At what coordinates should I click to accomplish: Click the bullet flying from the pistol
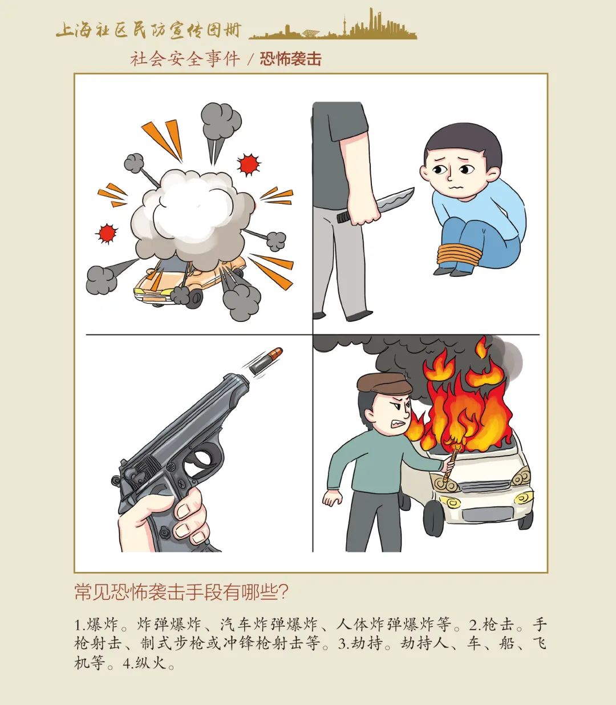[265, 360]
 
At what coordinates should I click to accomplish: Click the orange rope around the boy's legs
[459, 253]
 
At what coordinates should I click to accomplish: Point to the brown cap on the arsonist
[384, 383]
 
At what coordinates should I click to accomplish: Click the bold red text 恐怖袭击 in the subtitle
[290, 59]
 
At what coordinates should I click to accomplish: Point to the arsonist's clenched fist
[333, 498]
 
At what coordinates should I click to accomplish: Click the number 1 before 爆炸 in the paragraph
[78, 625]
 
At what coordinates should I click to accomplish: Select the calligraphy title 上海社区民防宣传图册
[148, 30]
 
